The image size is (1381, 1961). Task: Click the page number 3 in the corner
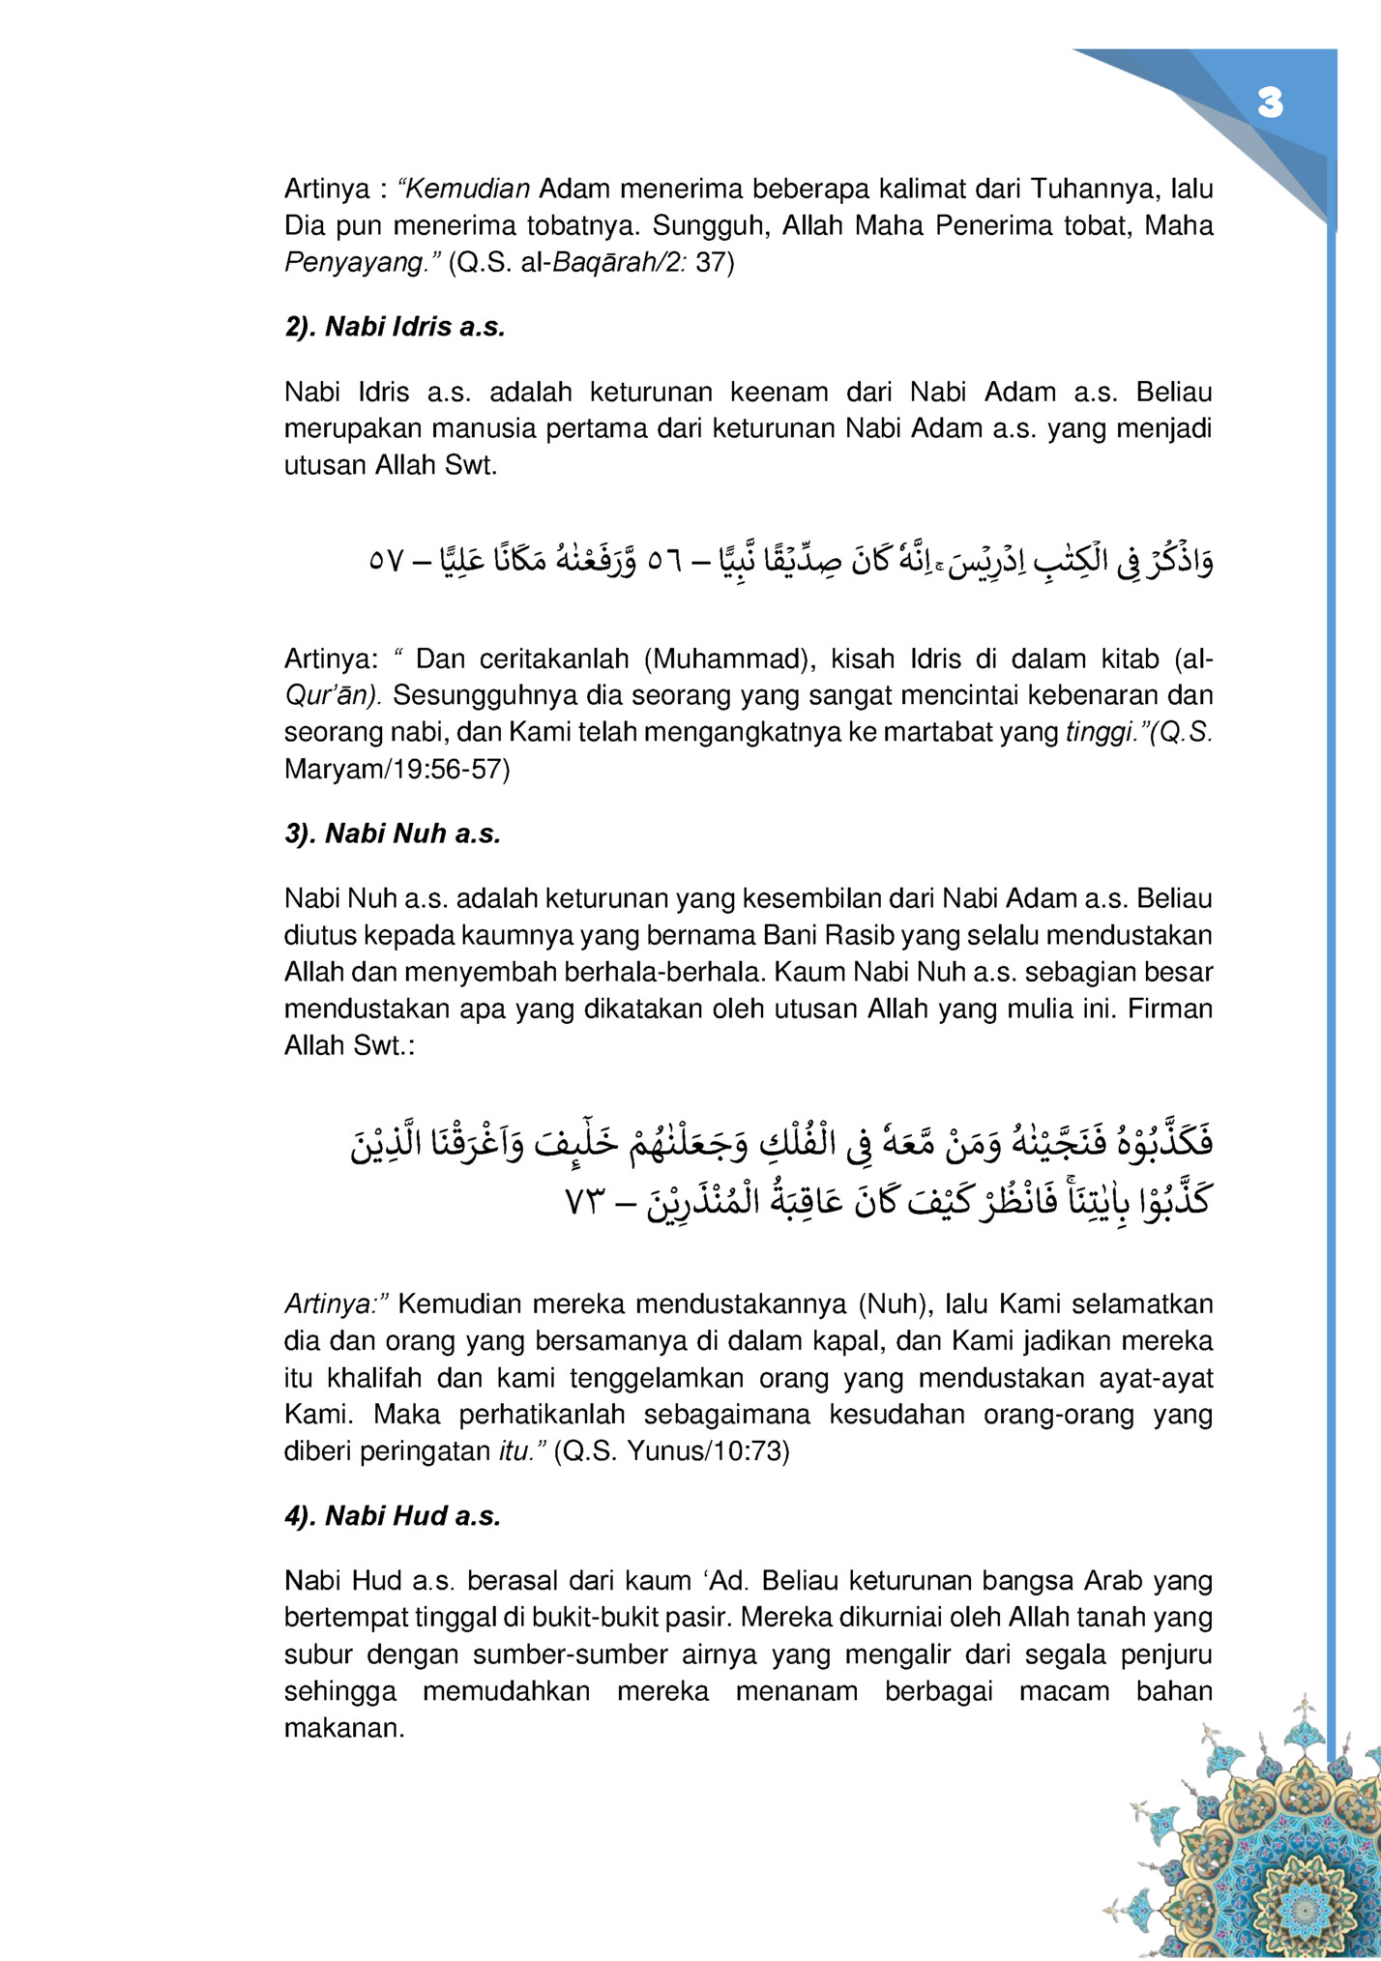1270,103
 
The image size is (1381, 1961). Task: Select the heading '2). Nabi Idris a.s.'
395,327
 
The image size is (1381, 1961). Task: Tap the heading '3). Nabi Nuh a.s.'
393,834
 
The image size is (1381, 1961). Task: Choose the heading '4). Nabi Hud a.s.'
393,1516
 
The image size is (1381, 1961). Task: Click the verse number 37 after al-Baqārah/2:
715,262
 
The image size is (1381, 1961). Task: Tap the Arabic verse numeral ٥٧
387,561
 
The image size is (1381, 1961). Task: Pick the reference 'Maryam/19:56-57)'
397,770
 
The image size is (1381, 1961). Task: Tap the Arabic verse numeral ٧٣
585,1205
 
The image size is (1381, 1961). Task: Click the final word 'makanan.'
344,1728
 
